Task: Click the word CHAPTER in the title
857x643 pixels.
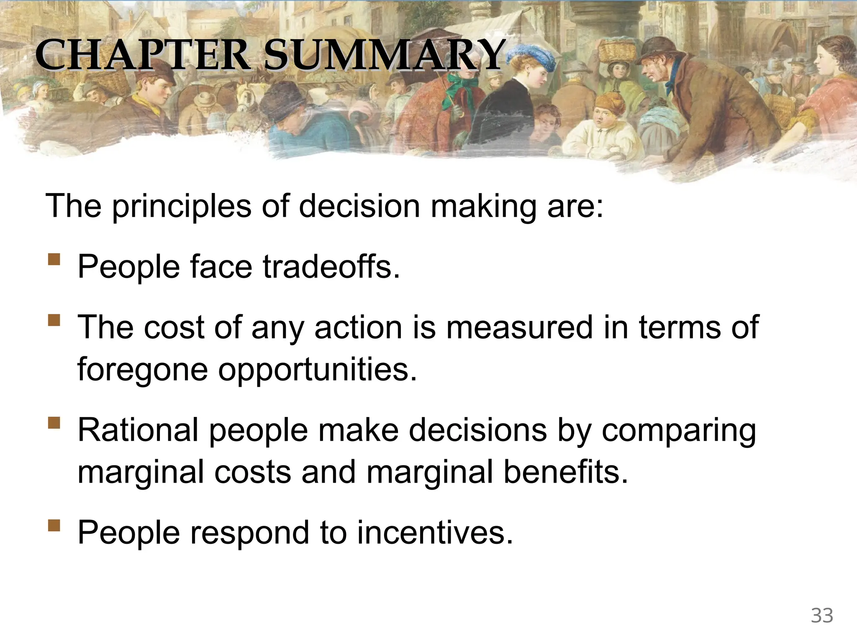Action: tap(142, 55)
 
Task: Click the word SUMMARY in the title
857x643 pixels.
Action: tap(382, 55)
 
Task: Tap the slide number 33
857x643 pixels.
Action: tap(822, 616)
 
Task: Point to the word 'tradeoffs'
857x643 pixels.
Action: tap(331, 267)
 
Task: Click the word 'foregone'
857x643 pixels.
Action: tap(142, 368)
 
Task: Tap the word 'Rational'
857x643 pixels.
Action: tap(138, 430)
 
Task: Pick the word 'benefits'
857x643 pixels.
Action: tap(565, 471)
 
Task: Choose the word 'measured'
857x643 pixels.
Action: tap(519, 327)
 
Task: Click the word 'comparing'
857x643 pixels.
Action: tap(678, 430)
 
